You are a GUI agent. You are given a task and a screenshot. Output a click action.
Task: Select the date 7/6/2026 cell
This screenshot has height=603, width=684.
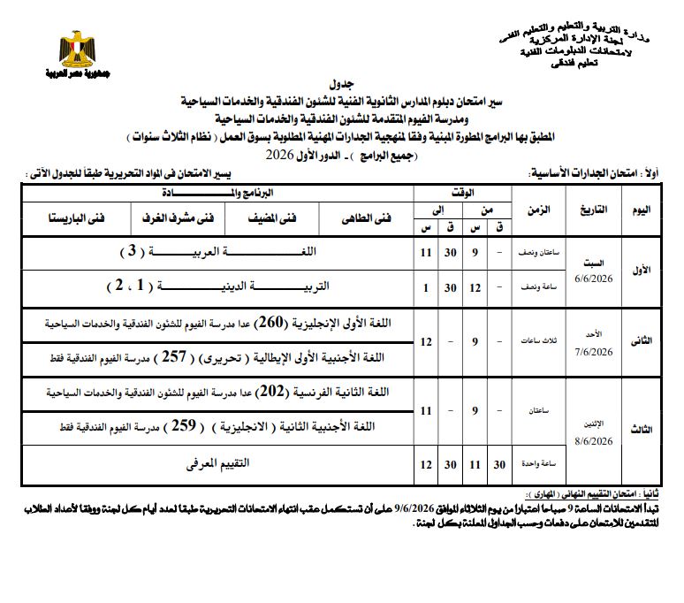pos(591,352)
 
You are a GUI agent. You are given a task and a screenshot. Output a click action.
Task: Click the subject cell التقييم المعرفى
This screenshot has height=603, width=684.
pos(217,462)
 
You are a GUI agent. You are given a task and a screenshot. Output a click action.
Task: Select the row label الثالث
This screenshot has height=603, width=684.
pos(643,429)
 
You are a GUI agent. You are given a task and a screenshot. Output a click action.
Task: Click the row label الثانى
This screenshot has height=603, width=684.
pos(643,340)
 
